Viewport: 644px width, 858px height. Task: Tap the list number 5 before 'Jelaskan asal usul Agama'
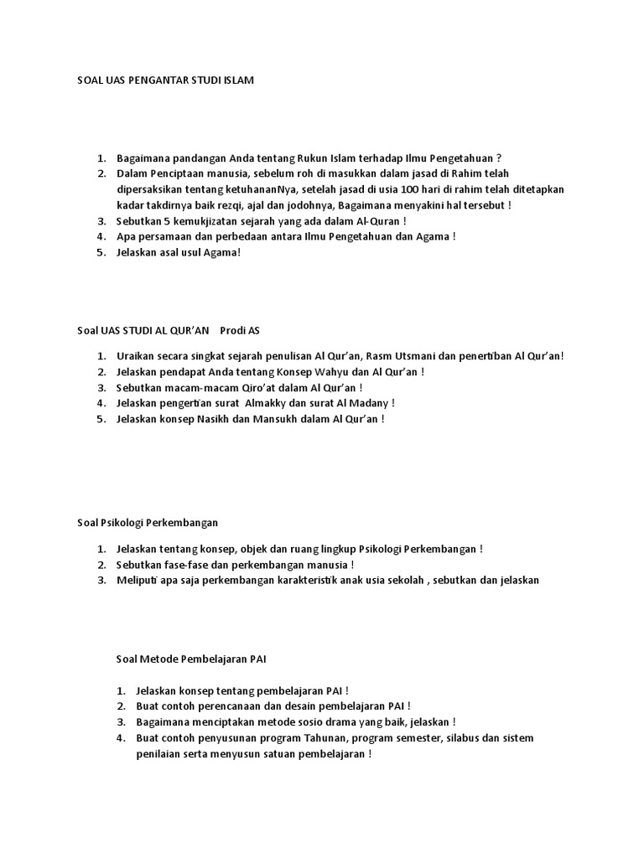(x=100, y=252)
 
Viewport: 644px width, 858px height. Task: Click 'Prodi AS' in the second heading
(x=239, y=331)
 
